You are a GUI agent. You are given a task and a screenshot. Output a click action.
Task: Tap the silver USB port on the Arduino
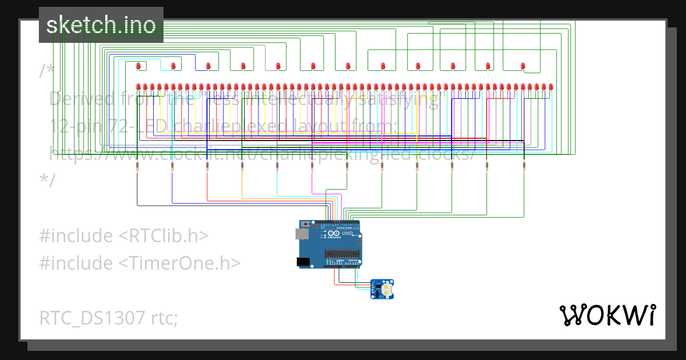(301, 234)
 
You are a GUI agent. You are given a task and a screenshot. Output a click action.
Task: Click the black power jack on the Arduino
(304, 262)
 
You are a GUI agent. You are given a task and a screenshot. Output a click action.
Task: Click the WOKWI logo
(607, 315)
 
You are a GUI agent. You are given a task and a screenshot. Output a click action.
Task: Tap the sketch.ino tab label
(101, 25)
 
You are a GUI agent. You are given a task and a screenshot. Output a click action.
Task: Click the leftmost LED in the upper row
(138, 66)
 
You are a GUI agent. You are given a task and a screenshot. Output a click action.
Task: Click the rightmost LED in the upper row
(523, 66)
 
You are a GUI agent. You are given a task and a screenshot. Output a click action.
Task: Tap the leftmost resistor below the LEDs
(137, 166)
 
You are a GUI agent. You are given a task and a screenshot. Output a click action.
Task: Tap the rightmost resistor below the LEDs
(523, 166)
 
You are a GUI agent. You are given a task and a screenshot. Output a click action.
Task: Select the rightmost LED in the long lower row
(551, 87)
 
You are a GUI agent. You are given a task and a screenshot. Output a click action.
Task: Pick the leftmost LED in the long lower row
(138, 87)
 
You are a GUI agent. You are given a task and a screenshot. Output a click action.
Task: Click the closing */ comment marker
(47, 179)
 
